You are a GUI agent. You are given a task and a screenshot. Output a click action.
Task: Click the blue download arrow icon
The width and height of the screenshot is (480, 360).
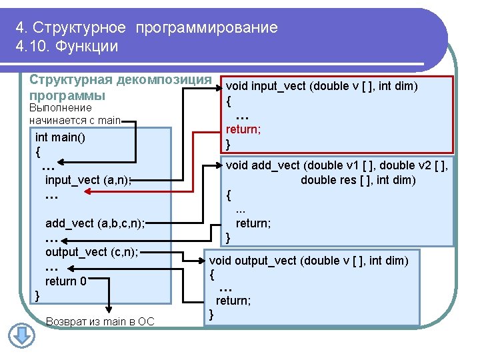(x=21, y=335)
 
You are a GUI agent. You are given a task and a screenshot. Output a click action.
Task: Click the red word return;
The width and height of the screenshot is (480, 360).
(x=243, y=129)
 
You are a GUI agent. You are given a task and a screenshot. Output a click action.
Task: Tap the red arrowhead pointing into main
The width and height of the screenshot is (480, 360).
(x=87, y=191)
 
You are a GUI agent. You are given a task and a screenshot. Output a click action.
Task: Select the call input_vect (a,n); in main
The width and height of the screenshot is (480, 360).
(x=88, y=180)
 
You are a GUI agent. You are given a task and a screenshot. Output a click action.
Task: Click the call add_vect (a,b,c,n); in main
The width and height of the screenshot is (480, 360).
(x=95, y=223)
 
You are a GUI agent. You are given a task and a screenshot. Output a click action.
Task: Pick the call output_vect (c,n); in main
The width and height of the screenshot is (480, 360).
(x=92, y=252)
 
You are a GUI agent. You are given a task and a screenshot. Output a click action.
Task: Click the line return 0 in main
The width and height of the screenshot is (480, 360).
(x=66, y=281)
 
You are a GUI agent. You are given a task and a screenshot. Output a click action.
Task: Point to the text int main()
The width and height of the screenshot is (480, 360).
(x=60, y=137)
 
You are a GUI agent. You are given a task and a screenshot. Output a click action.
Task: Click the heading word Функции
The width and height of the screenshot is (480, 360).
(x=87, y=46)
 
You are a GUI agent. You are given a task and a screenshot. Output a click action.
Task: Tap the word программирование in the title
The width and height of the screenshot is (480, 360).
(x=207, y=28)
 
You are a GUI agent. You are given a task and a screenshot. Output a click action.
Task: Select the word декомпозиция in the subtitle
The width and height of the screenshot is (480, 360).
(x=164, y=80)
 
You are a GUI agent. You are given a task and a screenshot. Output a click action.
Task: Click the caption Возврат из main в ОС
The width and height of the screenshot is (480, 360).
(x=100, y=321)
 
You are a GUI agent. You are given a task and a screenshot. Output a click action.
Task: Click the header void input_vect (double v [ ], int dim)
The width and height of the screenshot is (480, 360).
(x=322, y=86)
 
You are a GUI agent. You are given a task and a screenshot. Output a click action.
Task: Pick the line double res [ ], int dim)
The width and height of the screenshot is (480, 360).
(x=358, y=180)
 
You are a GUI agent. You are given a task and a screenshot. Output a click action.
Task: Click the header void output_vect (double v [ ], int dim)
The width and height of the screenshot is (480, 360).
(x=309, y=261)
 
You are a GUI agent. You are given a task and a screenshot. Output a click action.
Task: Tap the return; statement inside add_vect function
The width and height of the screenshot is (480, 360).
(x=253, y=223)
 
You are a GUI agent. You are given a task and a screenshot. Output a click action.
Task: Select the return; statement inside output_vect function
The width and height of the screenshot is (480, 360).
(x=233, y=301)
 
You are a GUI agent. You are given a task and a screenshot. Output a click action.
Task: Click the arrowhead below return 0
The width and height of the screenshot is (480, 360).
(x=109, y=309)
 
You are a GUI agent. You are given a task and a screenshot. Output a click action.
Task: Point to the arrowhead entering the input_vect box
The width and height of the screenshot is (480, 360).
(x=219, y=88)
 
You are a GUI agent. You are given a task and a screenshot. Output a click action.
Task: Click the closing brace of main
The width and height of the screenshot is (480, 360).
(x=37, y=296)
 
